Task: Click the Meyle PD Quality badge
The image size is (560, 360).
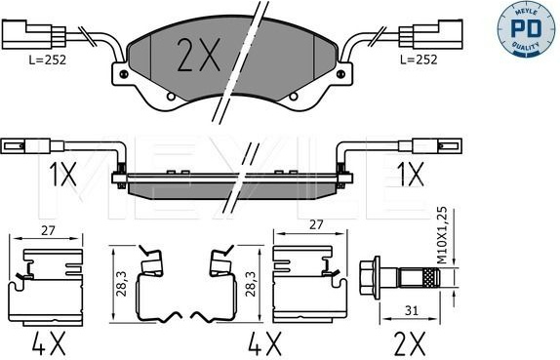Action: coord(528,29)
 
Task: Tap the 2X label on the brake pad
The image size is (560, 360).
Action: coord(199,55)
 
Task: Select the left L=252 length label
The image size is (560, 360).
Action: coord(48,60)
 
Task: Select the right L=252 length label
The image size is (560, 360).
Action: coord(419,60)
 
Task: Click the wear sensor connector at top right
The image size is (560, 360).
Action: coord(431,34)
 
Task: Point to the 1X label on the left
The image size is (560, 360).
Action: coord(62,174)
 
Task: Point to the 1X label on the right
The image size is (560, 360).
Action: coord(411,174)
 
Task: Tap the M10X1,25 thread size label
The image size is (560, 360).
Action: coord(443,235)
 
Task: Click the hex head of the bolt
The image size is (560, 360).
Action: coord(370,277)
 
